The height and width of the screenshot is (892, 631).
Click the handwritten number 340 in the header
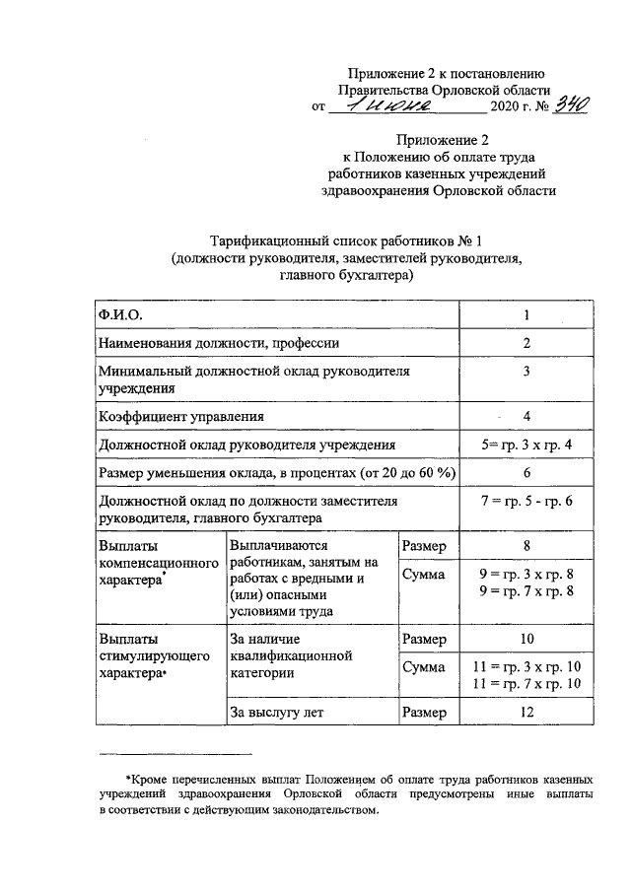click(545, 104)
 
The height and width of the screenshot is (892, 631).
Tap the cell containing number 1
click(527, 314)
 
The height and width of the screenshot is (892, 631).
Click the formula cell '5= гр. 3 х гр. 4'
click(527, 445)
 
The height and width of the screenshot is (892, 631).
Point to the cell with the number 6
click(527, 473)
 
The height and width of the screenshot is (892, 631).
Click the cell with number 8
click(527, 545)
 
